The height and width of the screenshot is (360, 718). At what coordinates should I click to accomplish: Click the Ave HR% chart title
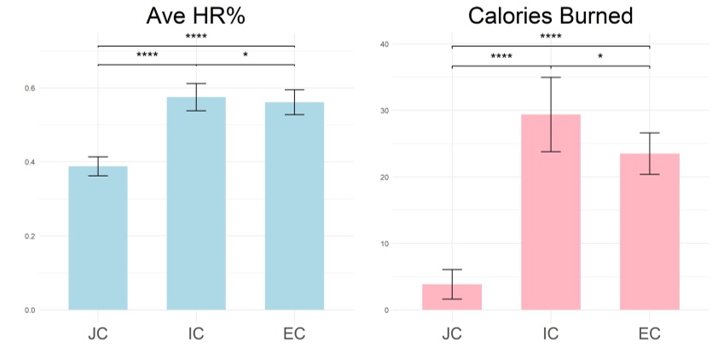[x=195, y=16]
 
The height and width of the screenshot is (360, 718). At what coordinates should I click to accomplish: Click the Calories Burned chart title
[x=550, y=16]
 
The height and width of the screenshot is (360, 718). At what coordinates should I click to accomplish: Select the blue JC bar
[x=97, y=238]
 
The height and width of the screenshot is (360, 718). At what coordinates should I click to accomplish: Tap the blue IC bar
[x=196, y=204]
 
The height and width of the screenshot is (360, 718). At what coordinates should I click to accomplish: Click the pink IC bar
[x=551, y=212]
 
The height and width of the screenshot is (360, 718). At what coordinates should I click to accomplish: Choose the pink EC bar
[x=650, y=231]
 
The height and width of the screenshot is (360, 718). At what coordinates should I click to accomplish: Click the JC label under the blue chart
[x=97, y=334]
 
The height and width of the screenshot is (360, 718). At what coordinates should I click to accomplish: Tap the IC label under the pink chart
[x=551, y=334]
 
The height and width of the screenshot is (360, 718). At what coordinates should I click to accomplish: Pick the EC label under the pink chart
[x=650, y=334]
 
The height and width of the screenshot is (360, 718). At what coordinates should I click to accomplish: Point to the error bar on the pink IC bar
[x=551, y=113]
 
